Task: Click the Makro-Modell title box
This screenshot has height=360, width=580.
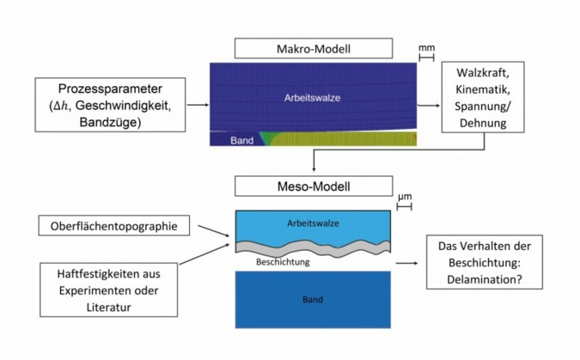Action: (x=313, y=48)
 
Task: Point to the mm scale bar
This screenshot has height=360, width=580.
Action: (x=426, y=58)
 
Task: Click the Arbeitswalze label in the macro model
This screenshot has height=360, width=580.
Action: (x=312, y=98)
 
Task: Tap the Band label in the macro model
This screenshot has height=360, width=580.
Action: (x=241, y=140)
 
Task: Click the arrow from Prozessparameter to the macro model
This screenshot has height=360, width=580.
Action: (x=197, y=106)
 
